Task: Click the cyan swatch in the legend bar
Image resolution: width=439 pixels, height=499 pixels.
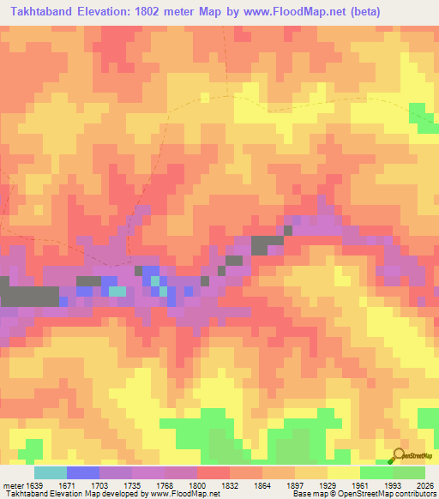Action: point(51,472)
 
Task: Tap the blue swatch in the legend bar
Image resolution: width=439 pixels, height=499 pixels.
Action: point(83,472)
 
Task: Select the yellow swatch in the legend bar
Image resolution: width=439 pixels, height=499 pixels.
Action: point(343,472)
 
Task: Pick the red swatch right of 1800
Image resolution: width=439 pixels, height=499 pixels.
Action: point(213,472)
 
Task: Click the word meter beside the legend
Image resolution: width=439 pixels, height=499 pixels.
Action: point(13,485)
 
